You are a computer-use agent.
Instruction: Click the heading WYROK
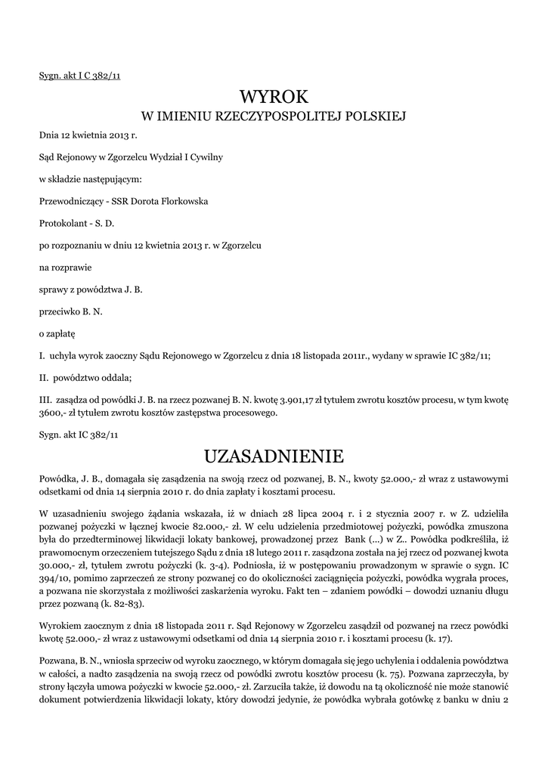(x=274, y=97)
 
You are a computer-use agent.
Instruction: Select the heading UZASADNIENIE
(x=274, y=456)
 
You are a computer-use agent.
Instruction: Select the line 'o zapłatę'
(x=57, y=333)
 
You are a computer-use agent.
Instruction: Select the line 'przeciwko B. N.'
(x=70, y=311)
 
